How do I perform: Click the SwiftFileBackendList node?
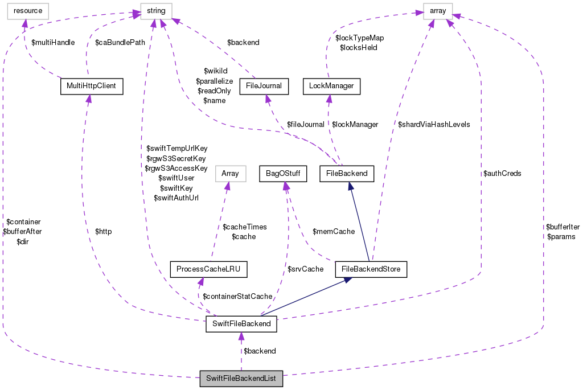[241, 379]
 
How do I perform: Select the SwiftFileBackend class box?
[241, 325]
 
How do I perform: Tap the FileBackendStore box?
[371, 269]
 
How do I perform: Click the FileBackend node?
[347, 173]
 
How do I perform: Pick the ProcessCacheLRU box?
[209, 269]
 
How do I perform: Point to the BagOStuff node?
[283, 173]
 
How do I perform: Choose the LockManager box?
[331, 86]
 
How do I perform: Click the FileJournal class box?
[264, 86]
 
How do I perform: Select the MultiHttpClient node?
[92, 86]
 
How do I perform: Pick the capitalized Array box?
[230, 173]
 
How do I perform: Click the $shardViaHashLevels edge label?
[434, 124]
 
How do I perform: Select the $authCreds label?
[502, 173]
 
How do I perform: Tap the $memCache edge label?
[334, 232]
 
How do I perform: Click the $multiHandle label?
[53, 43]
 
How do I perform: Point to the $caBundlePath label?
[120, 43]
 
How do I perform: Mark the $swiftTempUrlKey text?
[177, 149]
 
